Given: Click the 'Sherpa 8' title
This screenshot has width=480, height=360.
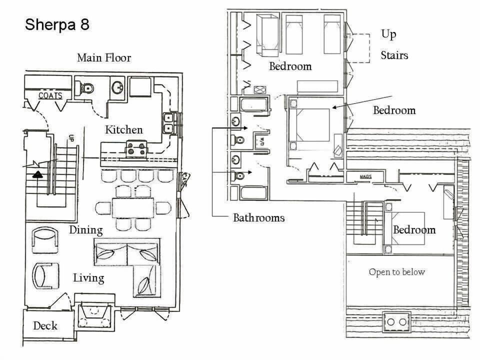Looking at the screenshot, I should [x=57, y=24].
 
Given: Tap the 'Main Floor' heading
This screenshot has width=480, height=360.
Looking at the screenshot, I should [x=104, y=57].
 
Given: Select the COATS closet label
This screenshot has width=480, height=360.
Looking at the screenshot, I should [x=50, y=95].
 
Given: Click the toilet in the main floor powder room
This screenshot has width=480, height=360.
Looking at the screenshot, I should [x=85, y=88].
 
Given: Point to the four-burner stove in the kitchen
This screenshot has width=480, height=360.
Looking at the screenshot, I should [x=136, y=148].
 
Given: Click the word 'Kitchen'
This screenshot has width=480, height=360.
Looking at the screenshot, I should [x=123, y=129].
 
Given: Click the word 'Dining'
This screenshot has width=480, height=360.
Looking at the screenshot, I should [x=85, y=230].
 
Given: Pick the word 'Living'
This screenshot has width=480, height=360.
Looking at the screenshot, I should [x=88, y=277].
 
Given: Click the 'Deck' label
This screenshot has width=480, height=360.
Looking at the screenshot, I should [x=45, y=326].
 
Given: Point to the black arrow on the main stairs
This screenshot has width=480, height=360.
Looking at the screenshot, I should [x=37, y=174].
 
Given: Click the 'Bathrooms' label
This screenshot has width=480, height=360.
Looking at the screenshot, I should [x=258, y=217].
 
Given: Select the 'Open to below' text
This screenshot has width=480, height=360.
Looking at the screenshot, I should [x=396, y=272].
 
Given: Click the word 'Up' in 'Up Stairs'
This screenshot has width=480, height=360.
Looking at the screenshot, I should [x=388, y=34].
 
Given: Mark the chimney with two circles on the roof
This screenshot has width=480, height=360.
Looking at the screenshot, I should [x=396, y=321].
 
